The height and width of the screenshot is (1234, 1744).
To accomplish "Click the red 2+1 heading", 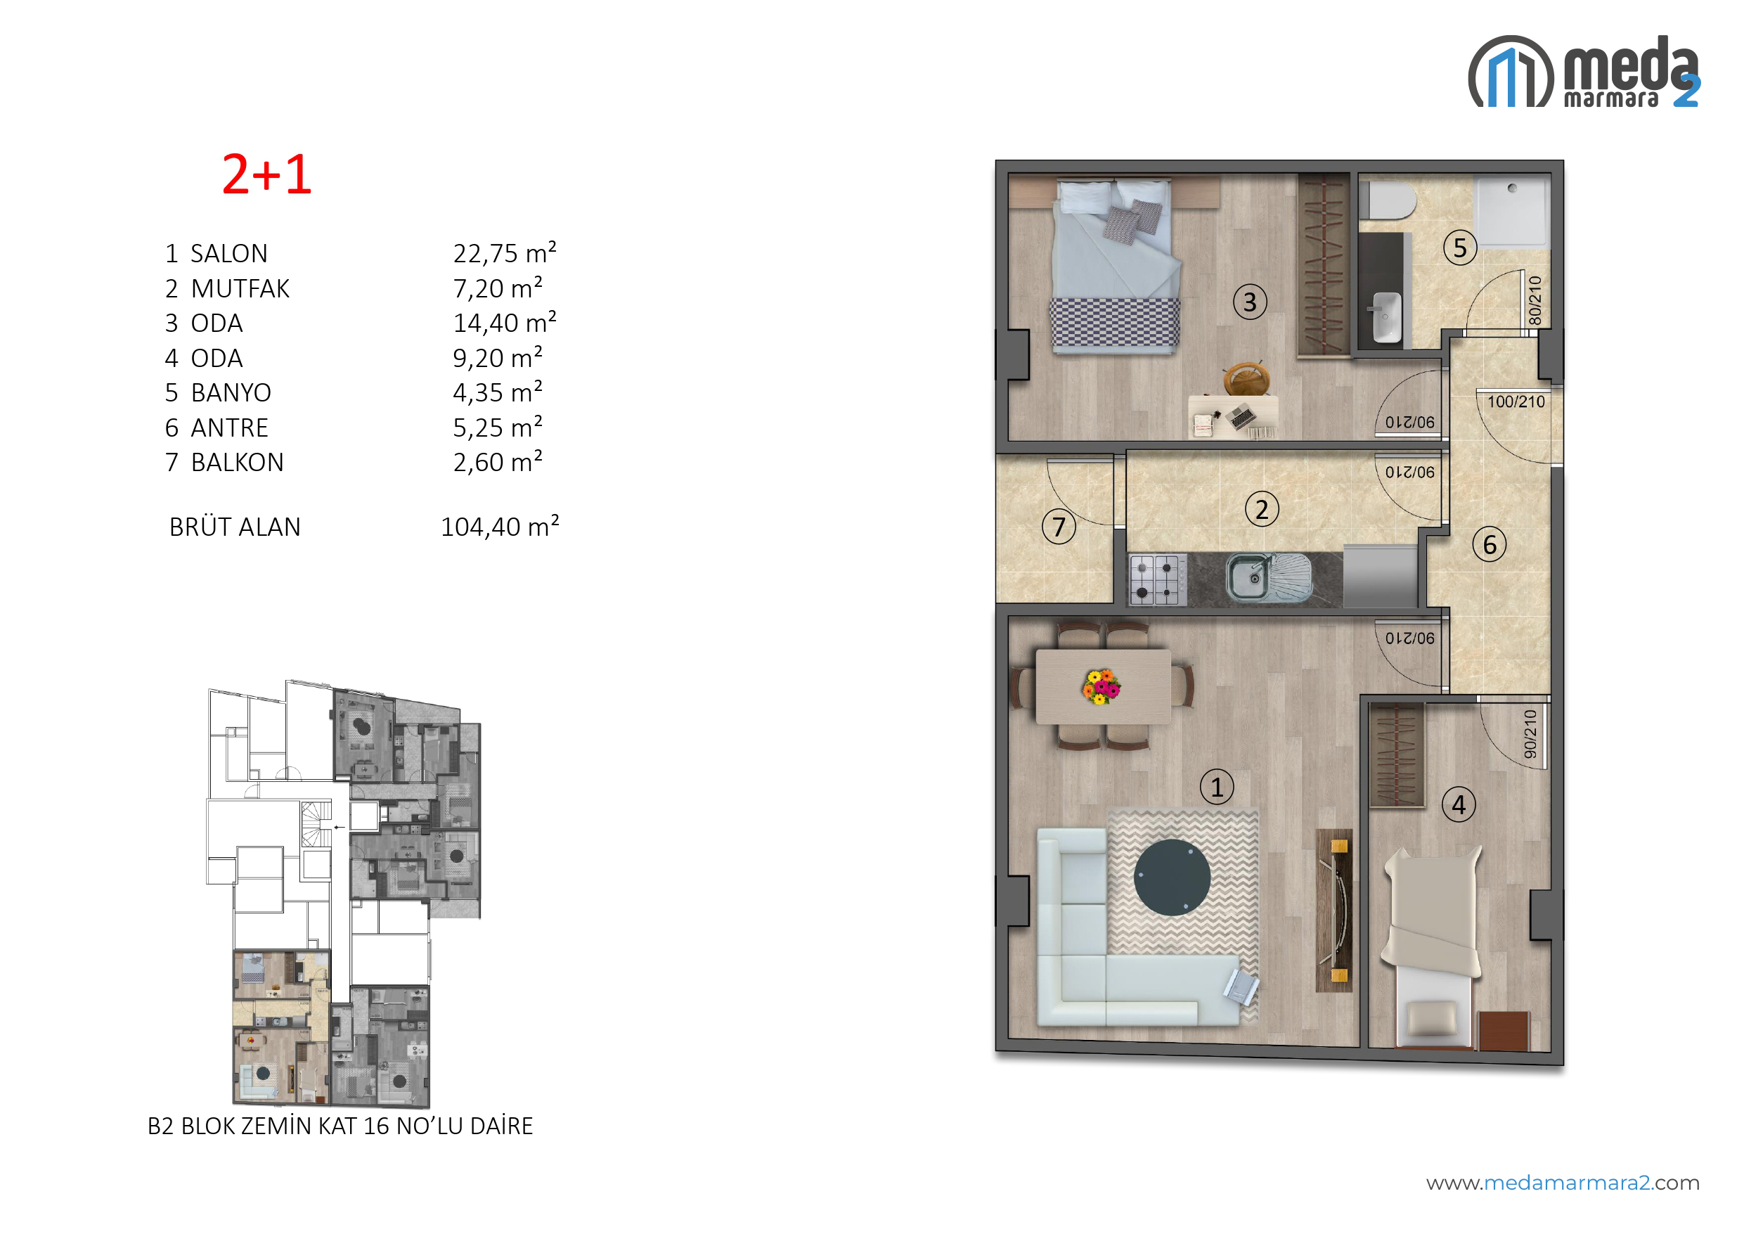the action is pyautogui.click(x=266, y=175).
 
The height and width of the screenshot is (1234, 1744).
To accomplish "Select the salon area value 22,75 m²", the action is pyautogui.click(x=505, y=253).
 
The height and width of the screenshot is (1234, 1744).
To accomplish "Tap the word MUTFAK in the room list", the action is pyautogui.click(x=240, y=289).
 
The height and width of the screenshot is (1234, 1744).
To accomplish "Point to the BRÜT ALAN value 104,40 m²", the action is pyautogui.click(x=500, y=527).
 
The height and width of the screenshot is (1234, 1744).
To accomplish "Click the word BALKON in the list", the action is pyautogui.click(x=237, y=462).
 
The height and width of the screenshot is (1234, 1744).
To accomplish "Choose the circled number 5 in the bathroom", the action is pyautogui.click(x=1459, y=248).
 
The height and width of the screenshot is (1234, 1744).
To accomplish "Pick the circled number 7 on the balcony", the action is pyautogui.click(x=1059, y=527).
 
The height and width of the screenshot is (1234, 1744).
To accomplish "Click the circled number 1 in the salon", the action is pyautogui.click(x=1217, y=788).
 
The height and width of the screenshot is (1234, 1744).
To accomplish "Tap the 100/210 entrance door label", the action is pyautogui.click(x=1516, y=402).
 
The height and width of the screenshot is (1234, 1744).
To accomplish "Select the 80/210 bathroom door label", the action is pyautogui.click(x=1535, y=300).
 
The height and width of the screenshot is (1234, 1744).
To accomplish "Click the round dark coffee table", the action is pyautogui.click(x=1172, y=878).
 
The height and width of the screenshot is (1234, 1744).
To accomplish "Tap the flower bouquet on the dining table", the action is pyautogui.click(x=1102, y=687).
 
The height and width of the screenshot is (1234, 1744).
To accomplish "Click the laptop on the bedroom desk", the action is pyautogui.click(x=1242, y=417).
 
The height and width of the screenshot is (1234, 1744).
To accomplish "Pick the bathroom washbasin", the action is pyautogui.click(x=1387, y=317).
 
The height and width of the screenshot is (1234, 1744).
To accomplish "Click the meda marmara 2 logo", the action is pyautogui.click(x=1584, y=72).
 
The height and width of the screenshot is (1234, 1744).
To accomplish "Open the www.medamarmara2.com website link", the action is pyautogui.click(x=1563, y=1183).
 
